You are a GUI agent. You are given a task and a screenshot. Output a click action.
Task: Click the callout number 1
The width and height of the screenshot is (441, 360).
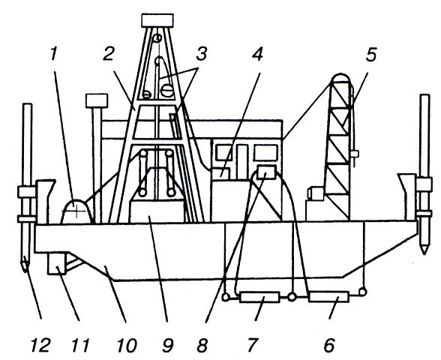click(x=54, y=53)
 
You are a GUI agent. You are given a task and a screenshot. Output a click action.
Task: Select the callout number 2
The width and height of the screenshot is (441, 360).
click(x=108, y=53)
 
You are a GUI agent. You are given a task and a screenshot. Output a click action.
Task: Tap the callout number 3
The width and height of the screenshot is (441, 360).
click(x=201, y=53)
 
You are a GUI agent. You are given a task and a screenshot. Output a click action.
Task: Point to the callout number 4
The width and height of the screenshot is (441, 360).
click(x=258, y=53)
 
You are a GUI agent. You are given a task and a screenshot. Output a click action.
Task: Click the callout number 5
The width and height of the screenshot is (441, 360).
click(x=371, y=55)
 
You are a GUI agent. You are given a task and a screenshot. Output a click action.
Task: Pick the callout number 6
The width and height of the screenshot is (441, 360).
click(x=329, y=345)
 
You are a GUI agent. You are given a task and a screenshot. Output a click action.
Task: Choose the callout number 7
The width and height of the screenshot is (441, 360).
click(x=252, y=345)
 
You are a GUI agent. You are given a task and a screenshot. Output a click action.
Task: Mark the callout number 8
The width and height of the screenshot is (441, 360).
click(x=202, y=345)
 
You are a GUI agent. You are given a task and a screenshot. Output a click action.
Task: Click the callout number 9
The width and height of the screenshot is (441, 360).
click(x=167, y=345)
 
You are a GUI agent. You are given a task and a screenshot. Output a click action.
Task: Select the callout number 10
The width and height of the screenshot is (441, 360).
click(x=127, y=345)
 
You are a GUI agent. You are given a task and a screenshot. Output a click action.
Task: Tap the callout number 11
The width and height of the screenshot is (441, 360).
click(x=81, y=345)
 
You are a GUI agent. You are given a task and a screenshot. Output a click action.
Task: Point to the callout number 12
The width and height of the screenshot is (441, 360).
click(x=40, y=345)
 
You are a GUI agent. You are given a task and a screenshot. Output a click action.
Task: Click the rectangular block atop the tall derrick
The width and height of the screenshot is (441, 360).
click(x=157, y=20)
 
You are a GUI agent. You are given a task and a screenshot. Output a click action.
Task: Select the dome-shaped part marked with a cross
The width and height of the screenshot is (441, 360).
click(x=76, y=211)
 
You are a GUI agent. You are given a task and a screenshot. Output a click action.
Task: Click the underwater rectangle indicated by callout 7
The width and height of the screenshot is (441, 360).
click(x=259, y=297)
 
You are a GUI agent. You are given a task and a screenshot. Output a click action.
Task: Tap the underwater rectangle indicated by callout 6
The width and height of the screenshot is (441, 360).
click(x=328, y=297)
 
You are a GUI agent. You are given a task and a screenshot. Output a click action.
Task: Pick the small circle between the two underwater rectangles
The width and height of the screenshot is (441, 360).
click(x=292, y=297)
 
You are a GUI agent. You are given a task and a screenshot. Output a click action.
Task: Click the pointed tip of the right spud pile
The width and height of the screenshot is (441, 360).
click(x=424, y=254)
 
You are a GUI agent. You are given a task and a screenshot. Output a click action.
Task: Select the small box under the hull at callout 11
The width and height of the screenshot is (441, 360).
click(x=57, y=263)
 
